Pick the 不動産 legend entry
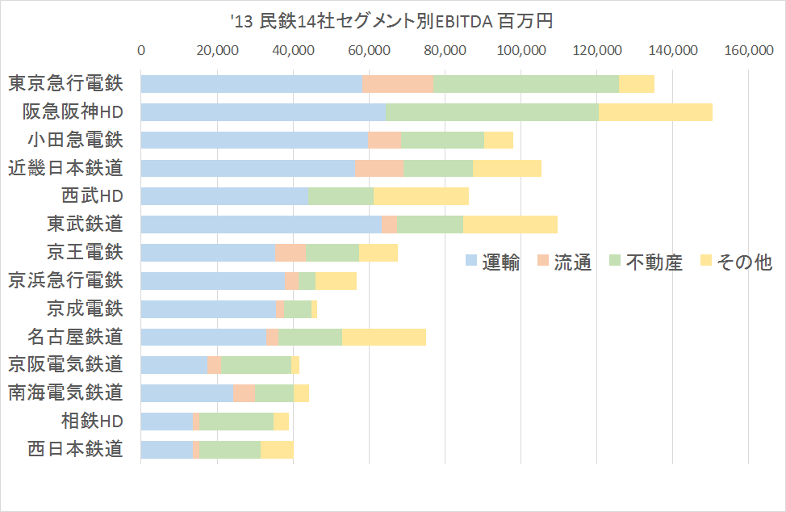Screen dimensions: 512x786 [x=645, y=262]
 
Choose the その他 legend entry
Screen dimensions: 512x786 [x=734, y=262]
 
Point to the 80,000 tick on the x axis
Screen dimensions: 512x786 [x=445, y=51]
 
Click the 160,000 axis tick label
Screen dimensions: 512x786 [x=749, y=51]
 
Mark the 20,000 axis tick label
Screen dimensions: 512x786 [x=217, y=51]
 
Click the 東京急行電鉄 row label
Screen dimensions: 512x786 [x=65, y=83]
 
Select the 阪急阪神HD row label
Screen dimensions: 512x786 [x=73, y=111]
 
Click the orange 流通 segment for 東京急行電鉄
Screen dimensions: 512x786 [x=398, y=83]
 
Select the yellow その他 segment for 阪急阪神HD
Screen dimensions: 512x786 [x=655, y=111]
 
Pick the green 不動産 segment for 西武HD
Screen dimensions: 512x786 [x=341, y=196]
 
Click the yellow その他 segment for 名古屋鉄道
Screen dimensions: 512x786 [x=384, y=336]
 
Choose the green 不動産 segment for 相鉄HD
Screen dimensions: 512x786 [x=236, y=421]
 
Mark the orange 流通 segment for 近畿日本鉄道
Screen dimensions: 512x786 [x=378, y=168]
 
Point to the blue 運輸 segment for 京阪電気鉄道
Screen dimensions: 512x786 [x=174, y=364]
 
